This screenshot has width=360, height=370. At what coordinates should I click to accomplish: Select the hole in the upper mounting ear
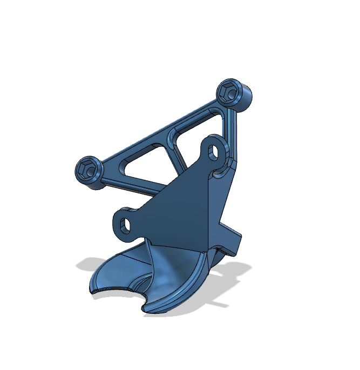point(215,151)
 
